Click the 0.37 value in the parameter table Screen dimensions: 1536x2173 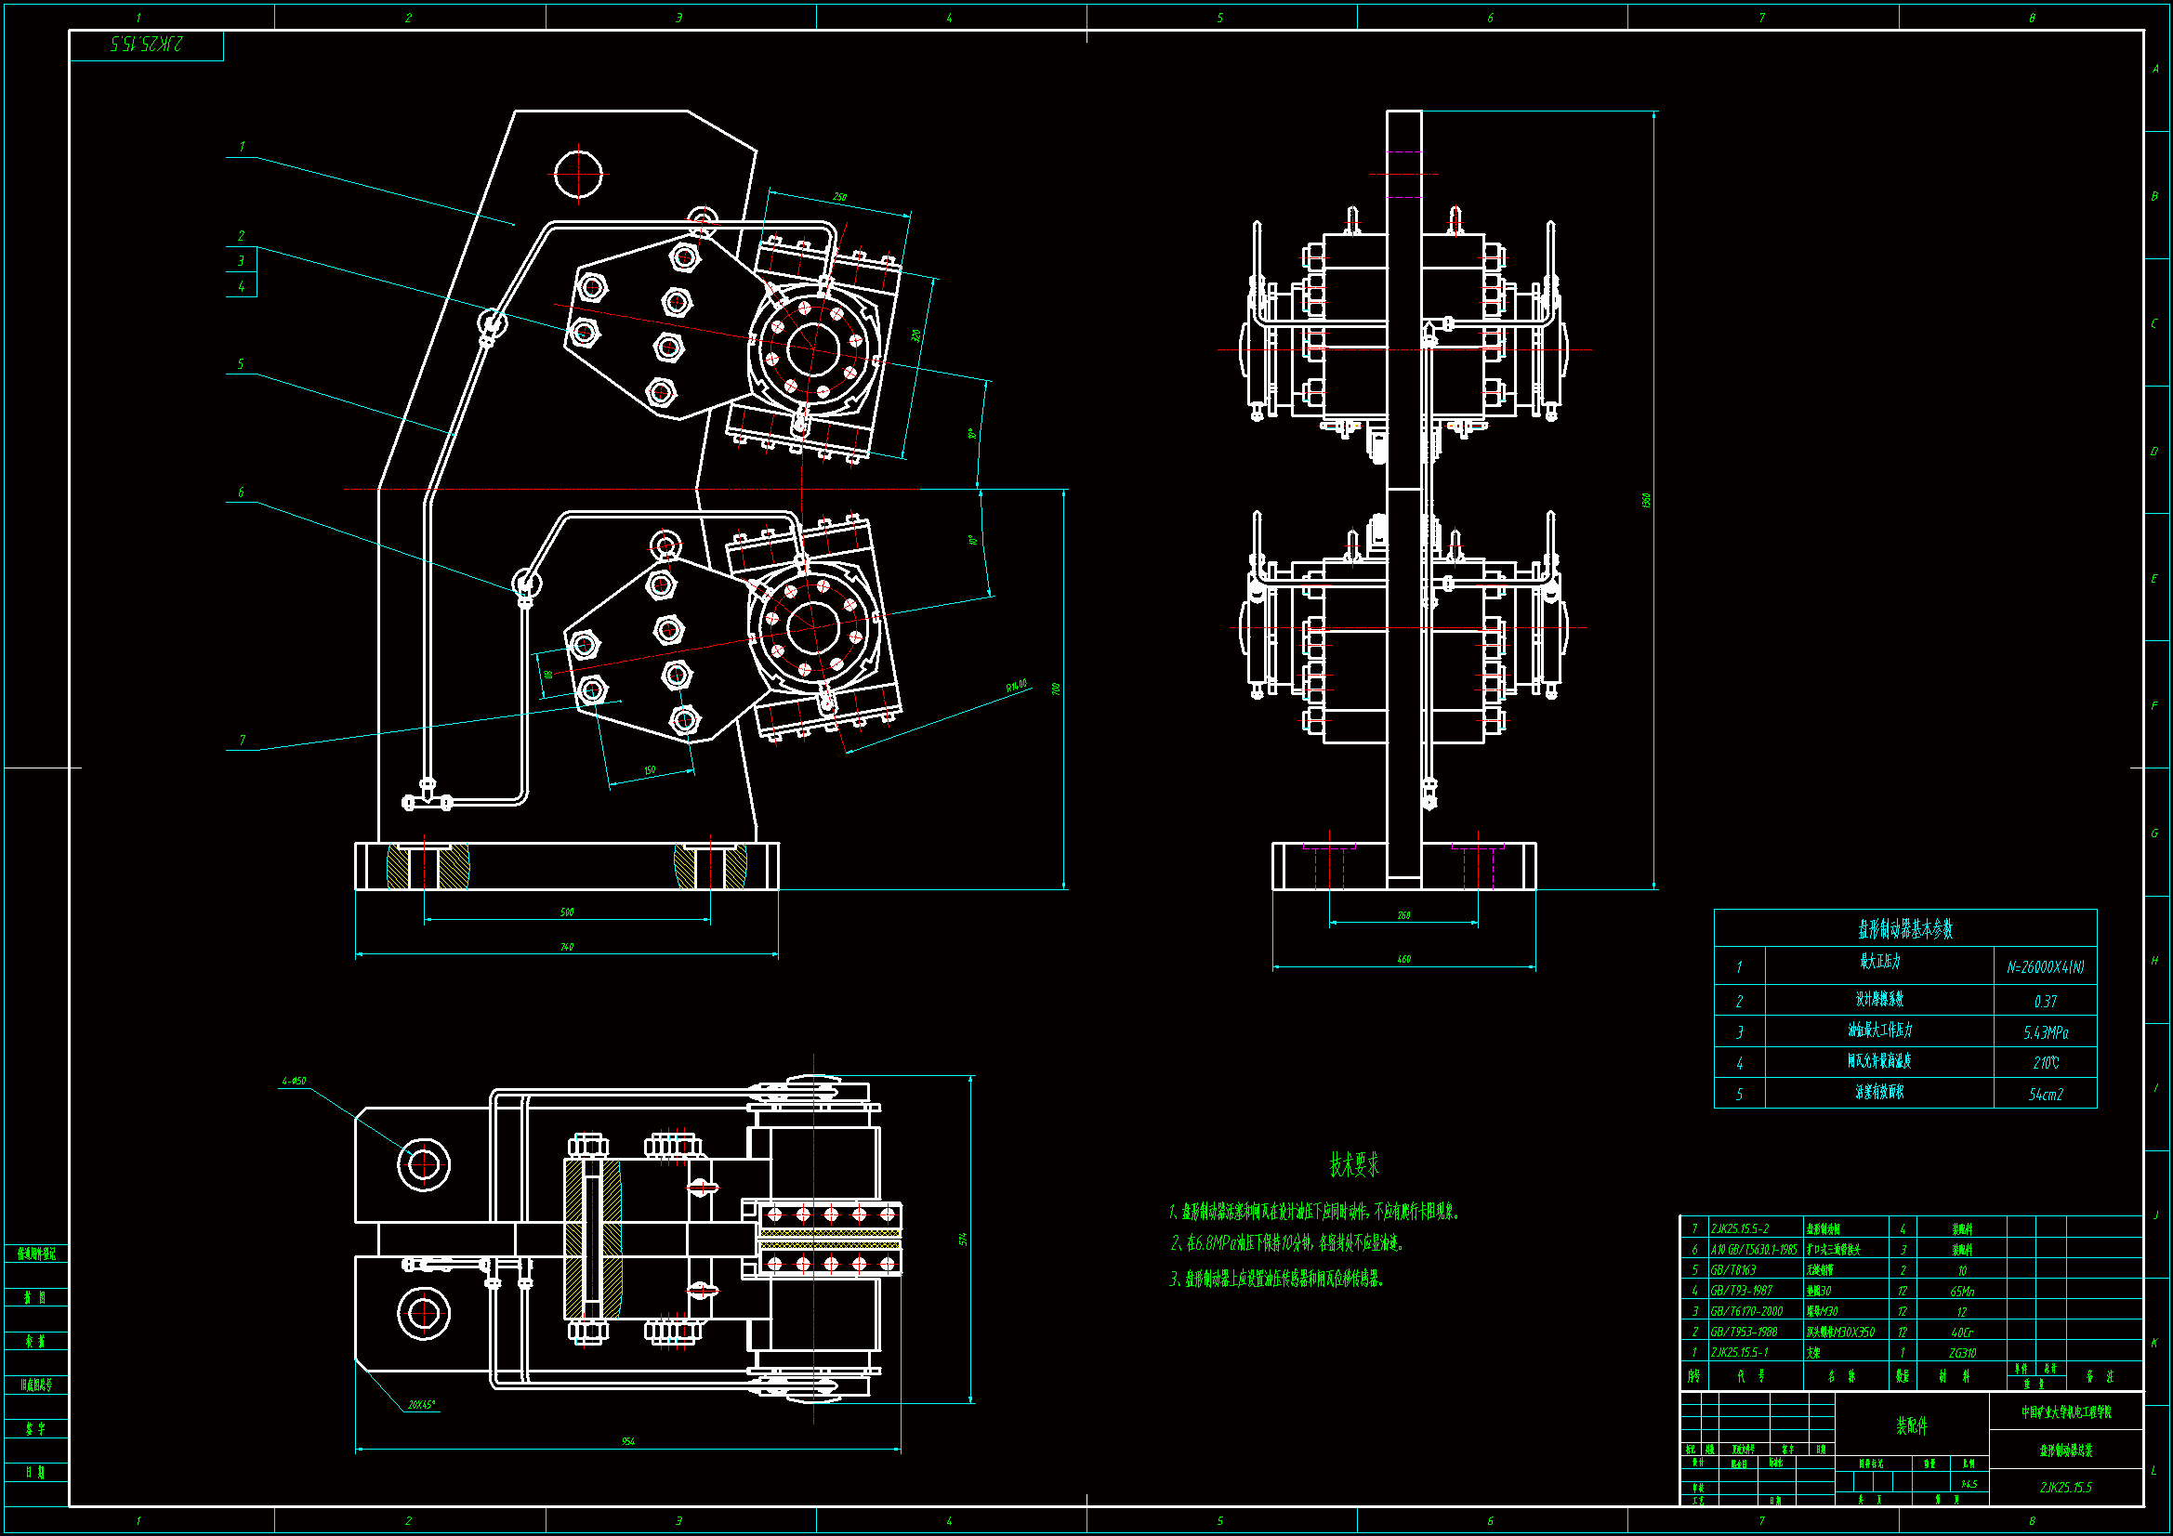[x=2045, y=1002]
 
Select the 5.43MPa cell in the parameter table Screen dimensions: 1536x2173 [x=2046, y=1032]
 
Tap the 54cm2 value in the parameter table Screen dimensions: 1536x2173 [x=2046, y=1094]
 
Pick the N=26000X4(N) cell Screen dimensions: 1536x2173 [x=2045, y=967]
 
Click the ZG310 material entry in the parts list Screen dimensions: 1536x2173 [x=1962, y=1353]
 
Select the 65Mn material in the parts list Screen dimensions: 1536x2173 [x=1962, y=1291]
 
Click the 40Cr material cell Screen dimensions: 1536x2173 [x=1962, y=1333]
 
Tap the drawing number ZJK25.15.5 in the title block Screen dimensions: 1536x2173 [x=2065, y=1487]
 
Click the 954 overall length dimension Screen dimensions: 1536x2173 [x=628, y=1441]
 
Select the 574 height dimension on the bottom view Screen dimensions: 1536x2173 [x=964, y=1239]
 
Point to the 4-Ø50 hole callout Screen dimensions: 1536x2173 [x=294, y=1081]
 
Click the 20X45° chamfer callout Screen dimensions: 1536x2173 [x=421, y=1404]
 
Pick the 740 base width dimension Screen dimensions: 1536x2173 [x=566, y=946]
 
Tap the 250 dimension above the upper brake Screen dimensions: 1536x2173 [x=839, y=197]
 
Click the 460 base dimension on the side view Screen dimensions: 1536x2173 [x=1403, y=960]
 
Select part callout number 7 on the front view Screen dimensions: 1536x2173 [x=243, y=740]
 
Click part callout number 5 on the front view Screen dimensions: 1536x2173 [x=241, y=364]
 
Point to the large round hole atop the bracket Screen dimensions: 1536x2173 [x=577, y=174]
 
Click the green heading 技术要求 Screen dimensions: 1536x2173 [x=1353, y=1164]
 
